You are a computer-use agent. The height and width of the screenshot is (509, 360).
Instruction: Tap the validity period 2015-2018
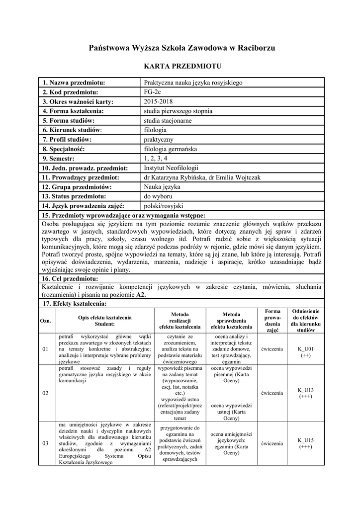pyautogui.click(x=157, y=101)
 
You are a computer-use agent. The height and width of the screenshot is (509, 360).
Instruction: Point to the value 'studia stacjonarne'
pyautogui.click(x=168, y=120)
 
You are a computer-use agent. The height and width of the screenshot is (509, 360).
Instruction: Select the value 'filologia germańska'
pyautogui.click(x=171, y=149)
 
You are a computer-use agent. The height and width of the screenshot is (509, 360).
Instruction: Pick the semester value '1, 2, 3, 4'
pyautogui.click(x=157, y=158)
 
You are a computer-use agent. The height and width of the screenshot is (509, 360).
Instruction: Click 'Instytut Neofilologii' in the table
pyautogui.click(x=171, y=168)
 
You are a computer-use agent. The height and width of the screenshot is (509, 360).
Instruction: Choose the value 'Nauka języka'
pyautogui.click(x=162, y=187)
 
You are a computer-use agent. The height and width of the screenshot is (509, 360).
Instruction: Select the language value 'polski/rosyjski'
pyautogui.click(x=164, y=206)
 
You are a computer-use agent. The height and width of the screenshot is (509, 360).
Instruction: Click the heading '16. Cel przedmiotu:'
pyautogui.click(x=70, y=278)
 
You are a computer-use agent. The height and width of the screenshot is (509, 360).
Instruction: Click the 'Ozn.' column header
pyautogui.click(x=45, y=321)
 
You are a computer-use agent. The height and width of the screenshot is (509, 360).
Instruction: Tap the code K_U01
pyautogui.click(x=305, y=349)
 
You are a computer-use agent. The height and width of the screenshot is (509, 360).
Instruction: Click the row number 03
pyautogui.click(x=45, y=443)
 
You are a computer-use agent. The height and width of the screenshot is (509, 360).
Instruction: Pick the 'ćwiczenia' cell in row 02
pyautogui.click(x=272, y=393)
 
